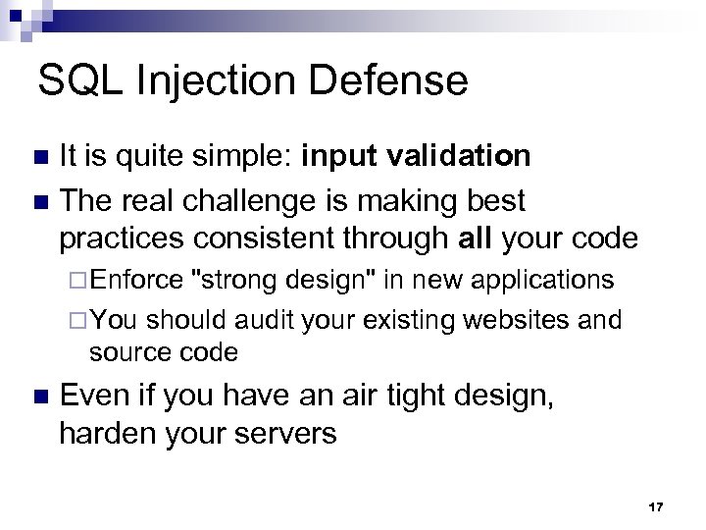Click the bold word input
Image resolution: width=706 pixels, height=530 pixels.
(339, 157)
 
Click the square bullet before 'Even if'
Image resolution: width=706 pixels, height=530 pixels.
(38, 397)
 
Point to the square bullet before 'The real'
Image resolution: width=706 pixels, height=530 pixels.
(38, 200)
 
